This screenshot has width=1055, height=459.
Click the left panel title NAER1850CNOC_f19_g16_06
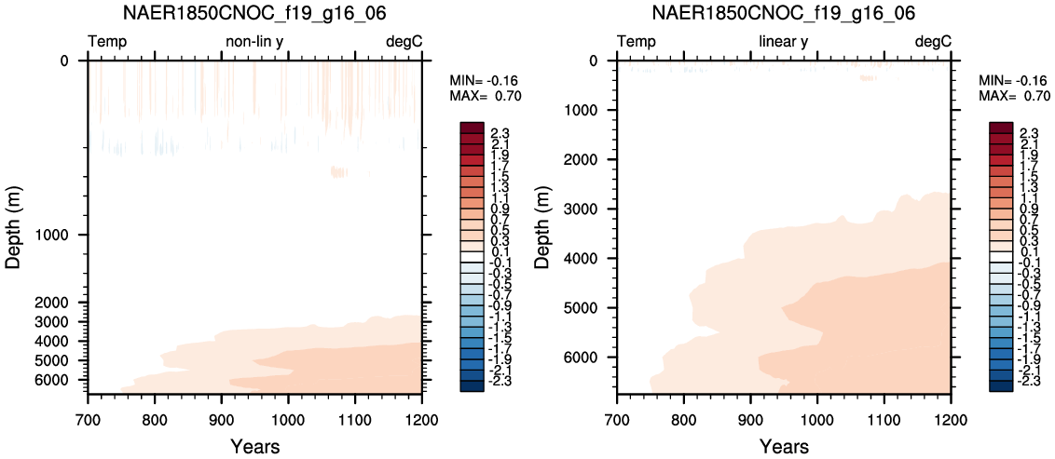[255, 13]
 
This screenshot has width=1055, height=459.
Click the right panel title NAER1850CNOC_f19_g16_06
[784, 13]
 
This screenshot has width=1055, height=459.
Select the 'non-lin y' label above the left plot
[255, 42]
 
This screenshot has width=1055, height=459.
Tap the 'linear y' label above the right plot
[783, 42]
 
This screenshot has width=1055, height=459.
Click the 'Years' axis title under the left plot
[255, 445]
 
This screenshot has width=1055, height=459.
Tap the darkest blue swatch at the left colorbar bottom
[471, 385]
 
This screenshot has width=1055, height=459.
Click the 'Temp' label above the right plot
[637, 42]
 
